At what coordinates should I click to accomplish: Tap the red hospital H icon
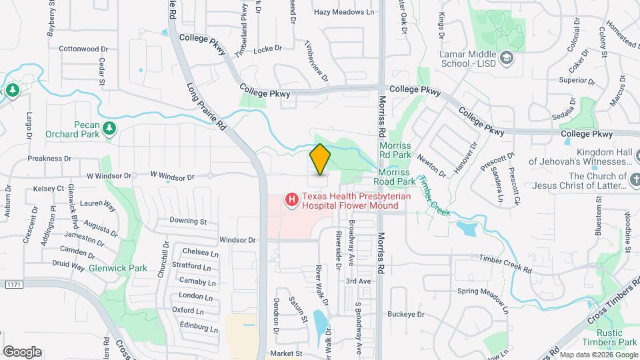coord(291,199)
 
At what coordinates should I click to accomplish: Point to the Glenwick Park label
coord(117,268)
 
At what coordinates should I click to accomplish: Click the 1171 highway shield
coord(13,285)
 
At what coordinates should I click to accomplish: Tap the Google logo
coord(22,352)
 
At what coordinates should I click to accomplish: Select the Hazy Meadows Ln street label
coord(344,12)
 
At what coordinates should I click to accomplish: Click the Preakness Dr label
coord(49,159)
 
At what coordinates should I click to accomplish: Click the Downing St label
coord(189,221)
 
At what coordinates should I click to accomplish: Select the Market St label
coord(286,353)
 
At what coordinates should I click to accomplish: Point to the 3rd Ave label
coord(358,281)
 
